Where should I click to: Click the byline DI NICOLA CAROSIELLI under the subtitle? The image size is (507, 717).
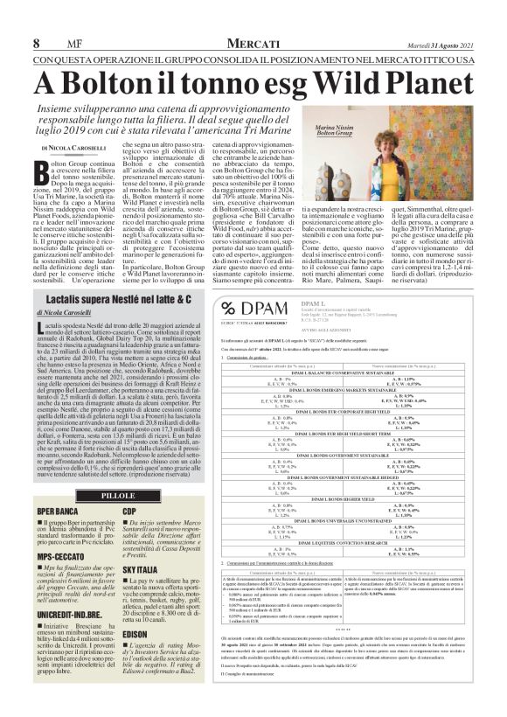point(85,150)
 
